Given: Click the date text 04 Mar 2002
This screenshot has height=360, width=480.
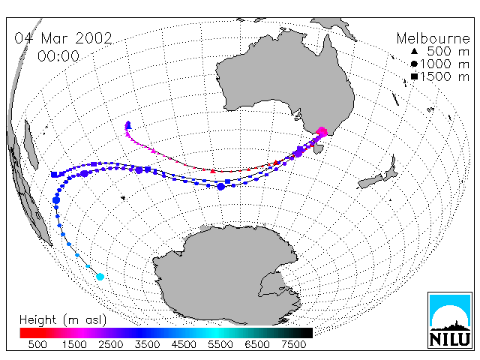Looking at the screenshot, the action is point(63,38).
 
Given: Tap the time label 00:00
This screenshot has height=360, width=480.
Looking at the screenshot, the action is point(58,56).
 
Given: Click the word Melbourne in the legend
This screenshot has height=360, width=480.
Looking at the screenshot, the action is point(433,38).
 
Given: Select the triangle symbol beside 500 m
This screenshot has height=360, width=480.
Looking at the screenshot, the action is point(414,51).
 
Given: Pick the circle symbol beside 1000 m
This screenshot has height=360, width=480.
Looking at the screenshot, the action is point(414,64).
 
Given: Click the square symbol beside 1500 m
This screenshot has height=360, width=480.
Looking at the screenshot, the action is point(414,76).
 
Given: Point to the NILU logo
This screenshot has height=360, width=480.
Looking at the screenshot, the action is point(450,320).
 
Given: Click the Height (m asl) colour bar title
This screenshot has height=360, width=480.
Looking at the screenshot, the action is point(63,320).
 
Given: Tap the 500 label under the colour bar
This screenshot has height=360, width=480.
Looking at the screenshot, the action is point(37,344).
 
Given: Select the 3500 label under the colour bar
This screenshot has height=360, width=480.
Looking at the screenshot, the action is point(147,344).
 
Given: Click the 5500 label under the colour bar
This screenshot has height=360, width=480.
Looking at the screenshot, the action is point(220,344).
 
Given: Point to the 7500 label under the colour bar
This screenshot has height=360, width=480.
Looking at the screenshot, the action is point(293,344).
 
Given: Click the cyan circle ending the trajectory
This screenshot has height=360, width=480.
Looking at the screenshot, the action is point(100,277).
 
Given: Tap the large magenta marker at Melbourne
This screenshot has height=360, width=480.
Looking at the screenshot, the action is point(322,132).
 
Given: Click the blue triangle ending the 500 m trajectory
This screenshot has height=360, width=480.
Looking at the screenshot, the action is point(129,125).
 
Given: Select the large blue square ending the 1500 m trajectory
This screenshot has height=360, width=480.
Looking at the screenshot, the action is point(55,175).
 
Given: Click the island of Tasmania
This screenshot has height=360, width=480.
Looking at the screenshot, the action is point(319,149).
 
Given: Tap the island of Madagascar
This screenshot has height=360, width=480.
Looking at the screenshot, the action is point(31,145).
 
